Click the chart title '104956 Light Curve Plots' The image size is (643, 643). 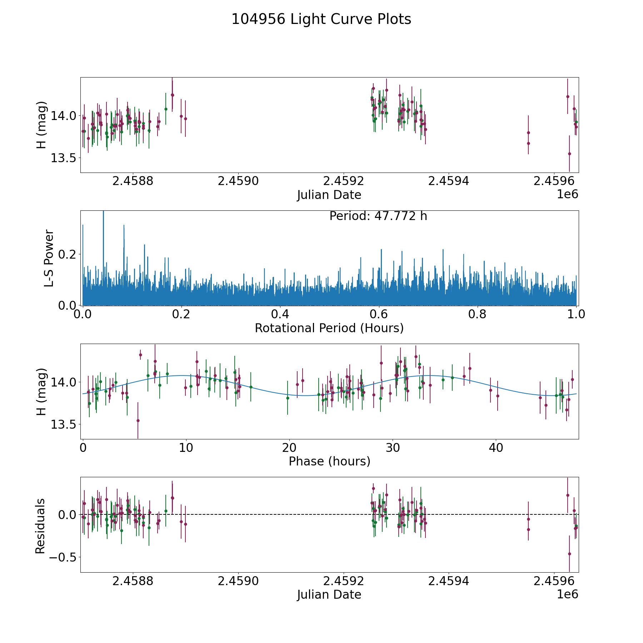321,19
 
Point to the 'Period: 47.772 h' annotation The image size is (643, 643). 378,216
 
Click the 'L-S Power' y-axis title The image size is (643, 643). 49,258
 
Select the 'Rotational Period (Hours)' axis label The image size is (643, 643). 329,328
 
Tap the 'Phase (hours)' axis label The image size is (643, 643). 329,461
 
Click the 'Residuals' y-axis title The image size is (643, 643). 40,526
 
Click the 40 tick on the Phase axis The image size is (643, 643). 496,448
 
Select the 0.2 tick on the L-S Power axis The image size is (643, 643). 68,254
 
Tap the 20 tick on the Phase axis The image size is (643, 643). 289,448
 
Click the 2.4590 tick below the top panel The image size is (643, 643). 238,181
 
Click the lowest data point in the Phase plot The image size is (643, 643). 138,420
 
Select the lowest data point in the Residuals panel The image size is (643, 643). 569,554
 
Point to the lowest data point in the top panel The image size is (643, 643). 569,154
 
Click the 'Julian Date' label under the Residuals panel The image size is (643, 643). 329,595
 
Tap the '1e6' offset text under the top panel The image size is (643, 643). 567,194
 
